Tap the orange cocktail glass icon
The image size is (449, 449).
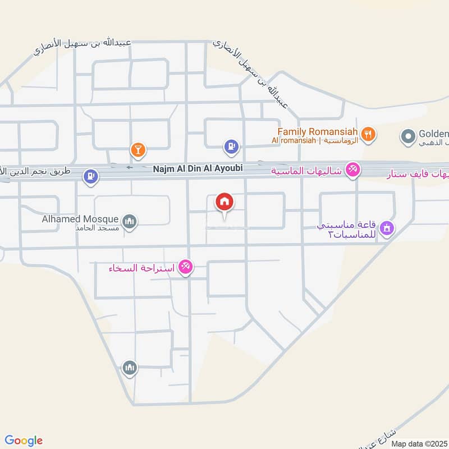click(x=137, y=149)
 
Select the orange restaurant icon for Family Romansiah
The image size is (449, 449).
click(x=368, y=134)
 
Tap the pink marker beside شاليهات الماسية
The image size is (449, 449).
click(x=352, y=169)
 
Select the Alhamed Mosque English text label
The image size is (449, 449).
click(x=80, y=219)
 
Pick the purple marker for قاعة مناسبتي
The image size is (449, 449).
click(x=387, y=228)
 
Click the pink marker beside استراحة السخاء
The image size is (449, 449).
click(x=186, y=267)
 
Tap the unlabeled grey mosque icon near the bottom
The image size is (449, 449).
click(x=130, y=368)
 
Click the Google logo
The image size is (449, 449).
click(x=24, y=441)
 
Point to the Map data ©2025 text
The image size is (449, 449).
click(x=418, y=443)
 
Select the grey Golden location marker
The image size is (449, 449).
click(x=407, y=135)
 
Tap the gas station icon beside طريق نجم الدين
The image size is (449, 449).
click(x=90, y=177)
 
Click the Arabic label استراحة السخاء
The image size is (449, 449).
click(x=142, y=268)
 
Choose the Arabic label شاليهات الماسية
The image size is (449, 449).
click(x=308, y=171)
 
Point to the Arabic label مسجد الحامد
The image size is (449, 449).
click(x=97, y=229)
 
